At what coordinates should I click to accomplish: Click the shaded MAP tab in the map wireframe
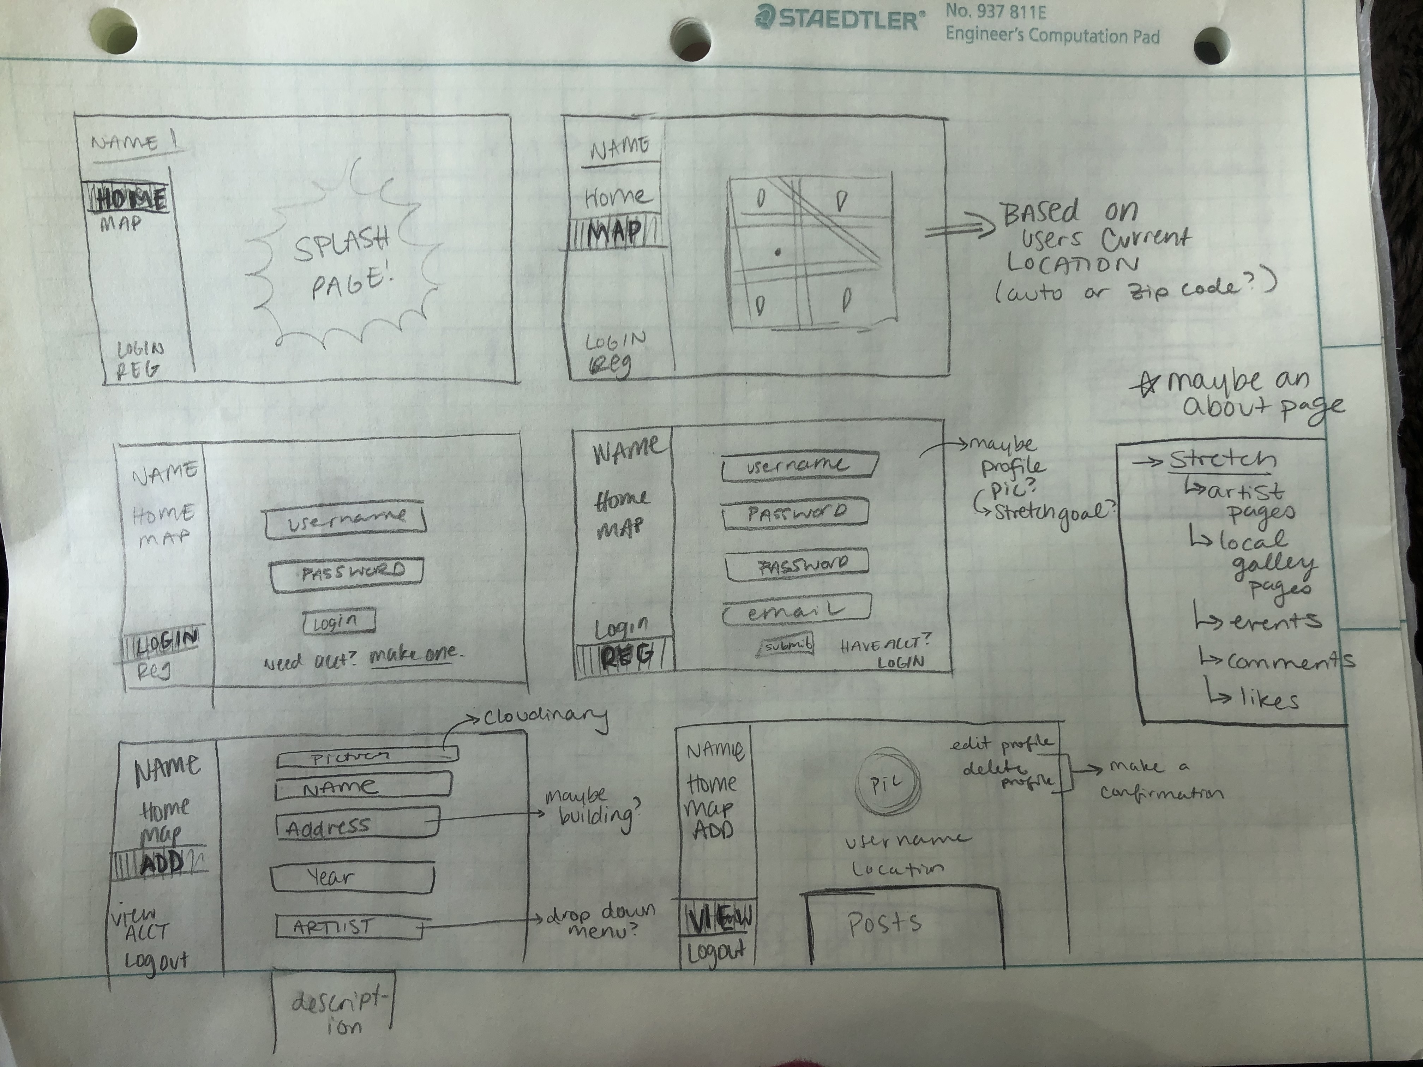coord(614,234)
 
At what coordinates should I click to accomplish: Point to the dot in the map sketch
coord(778,252)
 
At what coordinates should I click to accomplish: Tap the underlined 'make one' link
coord(412,655)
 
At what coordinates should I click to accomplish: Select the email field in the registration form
coord(797,610)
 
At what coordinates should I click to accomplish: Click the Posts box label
coord(884,924)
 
